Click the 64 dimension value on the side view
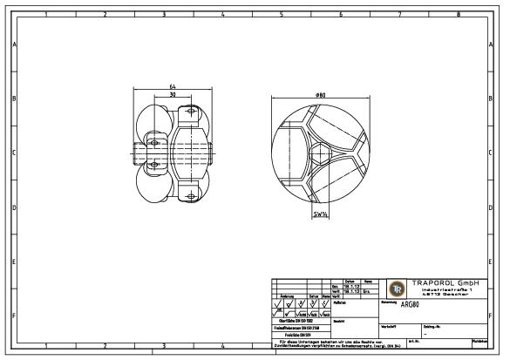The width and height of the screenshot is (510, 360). click(174, 87)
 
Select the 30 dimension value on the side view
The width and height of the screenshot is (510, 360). click(174, 95)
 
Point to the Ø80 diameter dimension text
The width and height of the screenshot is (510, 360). click(321, 94)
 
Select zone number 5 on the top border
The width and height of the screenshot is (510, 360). click(281, 14)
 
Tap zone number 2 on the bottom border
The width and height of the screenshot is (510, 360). click(104, 346)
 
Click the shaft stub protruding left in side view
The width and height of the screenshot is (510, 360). click(139, 153)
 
